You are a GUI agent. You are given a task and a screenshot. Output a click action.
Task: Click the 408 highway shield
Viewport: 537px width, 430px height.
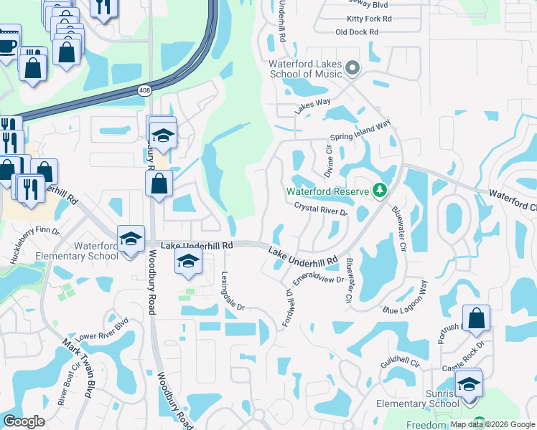coord(146,90)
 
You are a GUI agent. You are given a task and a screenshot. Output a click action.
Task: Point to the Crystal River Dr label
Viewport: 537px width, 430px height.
coord(321,209)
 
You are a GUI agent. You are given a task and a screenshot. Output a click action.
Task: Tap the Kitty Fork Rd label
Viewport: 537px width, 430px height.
coord(369,18)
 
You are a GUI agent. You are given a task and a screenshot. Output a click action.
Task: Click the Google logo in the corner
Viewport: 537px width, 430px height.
coord(24,421)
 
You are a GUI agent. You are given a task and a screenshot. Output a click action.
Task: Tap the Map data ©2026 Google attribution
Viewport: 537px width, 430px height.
coord(492,424)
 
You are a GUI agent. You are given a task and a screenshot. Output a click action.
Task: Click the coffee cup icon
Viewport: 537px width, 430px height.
coord(7,44)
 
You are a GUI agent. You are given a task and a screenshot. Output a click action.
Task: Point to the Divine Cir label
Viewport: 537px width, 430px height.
coord(330,163)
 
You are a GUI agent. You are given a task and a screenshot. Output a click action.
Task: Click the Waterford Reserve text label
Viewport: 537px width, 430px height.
coord(327,191)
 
